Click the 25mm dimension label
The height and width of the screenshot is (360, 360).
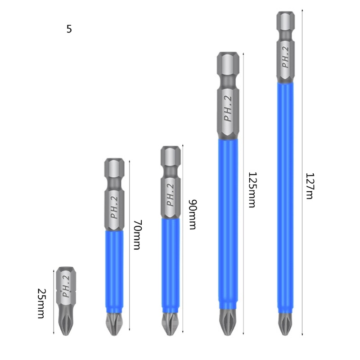pyautogui.click(x=42, y=303)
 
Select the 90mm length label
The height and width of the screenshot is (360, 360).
pyautogui.click(x=193, y=215)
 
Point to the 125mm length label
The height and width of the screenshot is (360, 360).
pyautogui.click(x=252, y=190)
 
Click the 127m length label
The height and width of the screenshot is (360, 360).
pyautogui.click(x=310, y=186)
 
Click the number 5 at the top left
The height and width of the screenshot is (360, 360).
pyautogui.click(x=69, y=29)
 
